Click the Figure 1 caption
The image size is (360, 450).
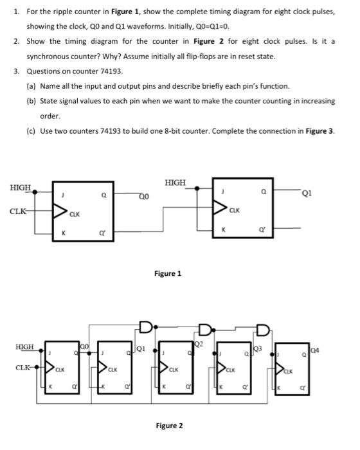pyautogui.click(x=168, y=273)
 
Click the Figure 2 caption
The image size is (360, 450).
pyautogui.click(x=169, y=426)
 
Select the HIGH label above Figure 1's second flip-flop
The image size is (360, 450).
pyautogui.click(x=175, y=182)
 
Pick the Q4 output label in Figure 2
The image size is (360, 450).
pyautogui.click(x=316, y=350)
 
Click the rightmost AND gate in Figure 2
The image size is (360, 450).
pyautogui.click(x=263, y=330)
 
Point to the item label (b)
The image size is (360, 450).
pyautogui.click(x=31, y=101)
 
